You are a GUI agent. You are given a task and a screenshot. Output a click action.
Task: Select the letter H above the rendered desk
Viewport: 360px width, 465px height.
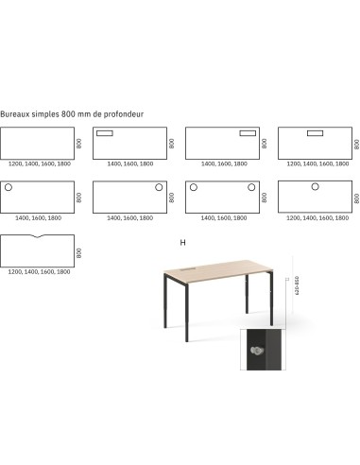(x=182, y=242)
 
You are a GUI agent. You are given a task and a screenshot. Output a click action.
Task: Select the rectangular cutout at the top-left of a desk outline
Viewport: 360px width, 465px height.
(x=105, y=133)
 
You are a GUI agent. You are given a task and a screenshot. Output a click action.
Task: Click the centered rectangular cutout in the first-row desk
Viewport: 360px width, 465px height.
(x=313, y=133)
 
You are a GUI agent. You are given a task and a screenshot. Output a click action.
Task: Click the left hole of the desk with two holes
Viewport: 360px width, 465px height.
(x=194, y=188)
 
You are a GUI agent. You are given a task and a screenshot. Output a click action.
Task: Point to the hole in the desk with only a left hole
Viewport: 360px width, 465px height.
(x=9, y=188)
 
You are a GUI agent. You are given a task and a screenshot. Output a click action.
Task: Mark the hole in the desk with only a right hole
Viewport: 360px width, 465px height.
(x=157, y=188)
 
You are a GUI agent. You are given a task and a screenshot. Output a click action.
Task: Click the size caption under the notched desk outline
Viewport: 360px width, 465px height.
(x=39, y=271)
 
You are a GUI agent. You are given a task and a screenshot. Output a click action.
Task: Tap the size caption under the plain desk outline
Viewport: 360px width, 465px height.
(x=39, y=164)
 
